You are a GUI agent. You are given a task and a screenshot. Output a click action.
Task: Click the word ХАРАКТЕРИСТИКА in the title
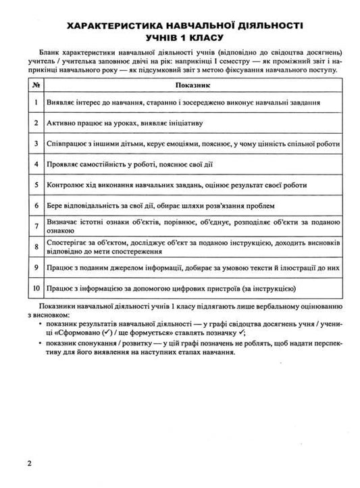pyautogui.click(x=116, y=26)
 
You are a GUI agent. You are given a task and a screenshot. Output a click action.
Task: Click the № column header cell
pyautogui.click(x=36, y=86)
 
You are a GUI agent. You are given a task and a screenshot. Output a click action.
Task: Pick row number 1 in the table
pyautogui.click(x=36, y=103)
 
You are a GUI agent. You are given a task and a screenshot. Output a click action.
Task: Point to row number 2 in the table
pyautogui.click(x=36, y=123)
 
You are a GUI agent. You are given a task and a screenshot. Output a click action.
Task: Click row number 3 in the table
pyautogui.click(x=36, y=144)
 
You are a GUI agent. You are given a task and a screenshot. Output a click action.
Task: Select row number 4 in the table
pyautogui.click(x=36, y=164)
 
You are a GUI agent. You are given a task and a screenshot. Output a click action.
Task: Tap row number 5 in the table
pyautogui.click(x=36, y=185)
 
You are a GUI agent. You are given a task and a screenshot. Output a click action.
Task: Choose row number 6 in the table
pyautogui.click(x=36, y=205)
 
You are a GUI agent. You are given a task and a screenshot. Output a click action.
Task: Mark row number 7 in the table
pyautogui.click(x=36, y=225)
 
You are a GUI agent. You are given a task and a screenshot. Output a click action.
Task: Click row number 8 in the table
pyautogui.click(x=36, y=247)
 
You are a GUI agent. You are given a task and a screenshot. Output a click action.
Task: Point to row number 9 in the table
pyautogui.click(x=36, y=268)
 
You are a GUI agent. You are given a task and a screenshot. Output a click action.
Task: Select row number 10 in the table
pyautogui.click(x=36, y=289)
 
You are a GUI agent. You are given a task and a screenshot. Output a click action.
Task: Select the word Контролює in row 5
pyautogui.click(x=66, y=185)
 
